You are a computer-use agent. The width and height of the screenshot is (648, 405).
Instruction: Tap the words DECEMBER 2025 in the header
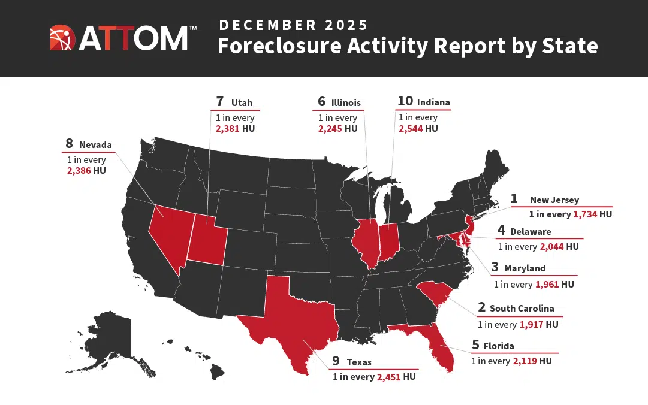[293, 25]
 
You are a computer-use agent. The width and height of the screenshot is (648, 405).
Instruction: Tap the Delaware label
[531, 231]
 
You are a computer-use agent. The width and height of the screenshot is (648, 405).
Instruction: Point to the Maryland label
[525, 268]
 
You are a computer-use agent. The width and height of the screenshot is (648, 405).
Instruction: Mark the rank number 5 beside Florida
[475, 345]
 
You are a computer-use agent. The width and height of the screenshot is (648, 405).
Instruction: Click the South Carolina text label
[522, 309]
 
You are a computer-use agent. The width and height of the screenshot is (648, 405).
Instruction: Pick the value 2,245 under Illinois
[331, 128]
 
